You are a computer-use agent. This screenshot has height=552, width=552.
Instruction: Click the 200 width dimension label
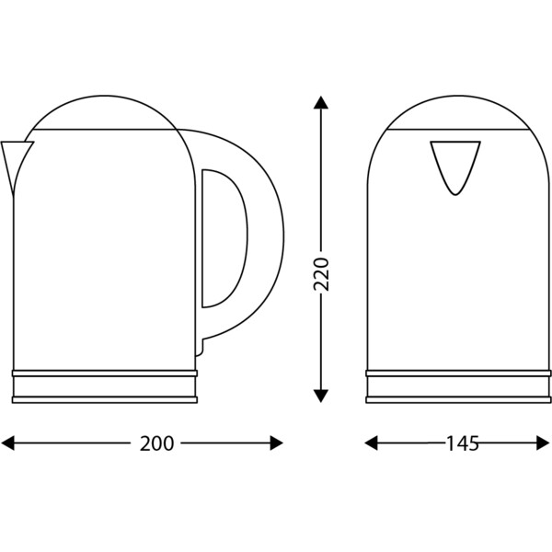click(156, 443)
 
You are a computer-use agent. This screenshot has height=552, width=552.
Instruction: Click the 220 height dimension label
click(321, 274)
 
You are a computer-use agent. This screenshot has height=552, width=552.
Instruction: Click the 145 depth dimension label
click(463, 443)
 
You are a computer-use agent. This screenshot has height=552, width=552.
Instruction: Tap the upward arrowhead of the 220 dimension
click(321, 102)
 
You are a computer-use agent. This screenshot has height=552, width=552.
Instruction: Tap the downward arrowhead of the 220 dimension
click(321, 396)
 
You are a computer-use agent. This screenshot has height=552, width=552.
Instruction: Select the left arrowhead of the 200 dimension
click(7, 443)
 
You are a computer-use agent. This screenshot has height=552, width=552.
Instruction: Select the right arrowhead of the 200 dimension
click(276, 443)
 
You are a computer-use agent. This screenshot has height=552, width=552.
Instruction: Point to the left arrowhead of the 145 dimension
click(371, 443)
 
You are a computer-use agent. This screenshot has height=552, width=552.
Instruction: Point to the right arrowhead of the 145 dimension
click(543, 443)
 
